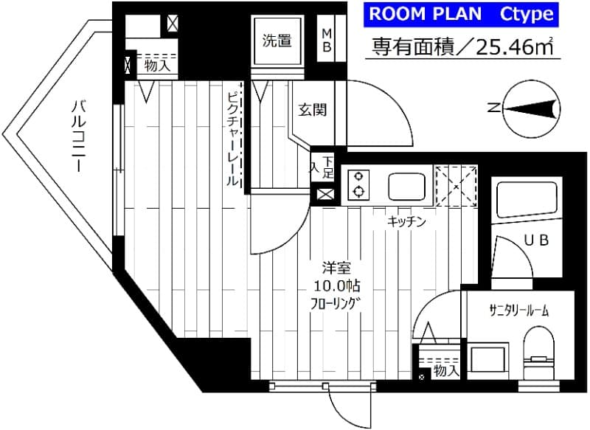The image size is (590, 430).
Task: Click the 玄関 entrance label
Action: pyautogui.click(x=312, y=111)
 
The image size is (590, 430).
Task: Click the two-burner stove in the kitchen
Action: pyautogui.click(x=358, y=184)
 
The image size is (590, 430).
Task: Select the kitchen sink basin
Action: pyautogui.click(x=403, y=187)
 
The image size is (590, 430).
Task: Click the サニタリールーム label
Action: pyautogui.click(x=518, y=311)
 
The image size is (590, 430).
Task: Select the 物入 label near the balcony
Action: pyautogui.click(x=156, y=66)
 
